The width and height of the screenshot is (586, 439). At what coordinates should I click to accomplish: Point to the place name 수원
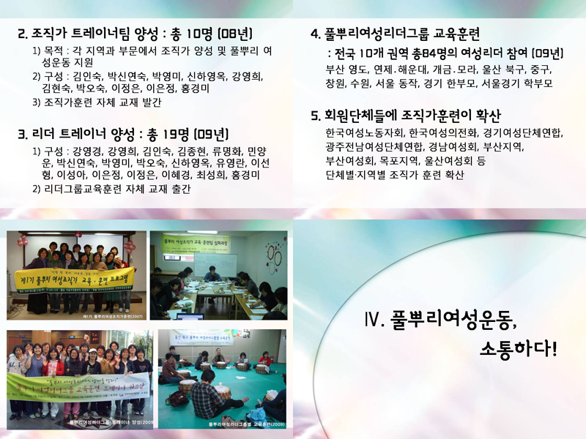(367, 83)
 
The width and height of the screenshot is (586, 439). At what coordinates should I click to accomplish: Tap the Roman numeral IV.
(372, 320)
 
